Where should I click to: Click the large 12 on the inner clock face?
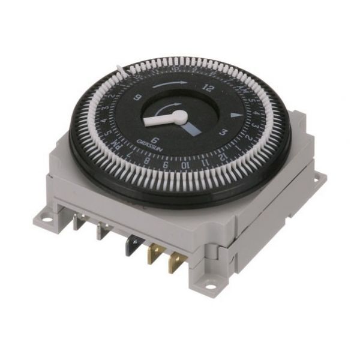point(208,87)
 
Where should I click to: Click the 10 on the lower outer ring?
point(187,164)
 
